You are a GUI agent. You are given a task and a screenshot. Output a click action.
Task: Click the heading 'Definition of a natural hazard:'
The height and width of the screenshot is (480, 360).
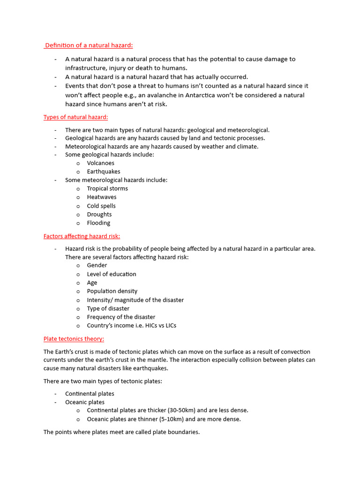click(89, 45)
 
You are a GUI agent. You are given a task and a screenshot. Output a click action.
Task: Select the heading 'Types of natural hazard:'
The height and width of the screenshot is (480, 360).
click(75, 117)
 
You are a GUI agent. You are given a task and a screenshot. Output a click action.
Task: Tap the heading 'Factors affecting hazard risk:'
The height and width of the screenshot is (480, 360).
click(82, 236)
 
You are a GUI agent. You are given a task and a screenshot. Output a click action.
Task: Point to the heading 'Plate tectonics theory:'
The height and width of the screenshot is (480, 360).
click(74, 339)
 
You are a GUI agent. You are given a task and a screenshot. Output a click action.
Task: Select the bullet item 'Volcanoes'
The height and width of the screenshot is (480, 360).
click(100, 163)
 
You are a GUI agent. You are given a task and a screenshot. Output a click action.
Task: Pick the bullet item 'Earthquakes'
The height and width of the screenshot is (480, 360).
click(104, 172)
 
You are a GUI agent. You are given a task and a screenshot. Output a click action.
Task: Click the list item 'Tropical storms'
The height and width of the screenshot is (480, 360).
click(107, 188)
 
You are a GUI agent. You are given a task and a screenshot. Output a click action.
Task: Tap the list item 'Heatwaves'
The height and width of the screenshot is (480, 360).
click(102, 197)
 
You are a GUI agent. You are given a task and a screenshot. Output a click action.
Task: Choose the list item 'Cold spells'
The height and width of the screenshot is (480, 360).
click(101, 206)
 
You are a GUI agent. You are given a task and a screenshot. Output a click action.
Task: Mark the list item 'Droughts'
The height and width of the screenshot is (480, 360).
click(99, 214)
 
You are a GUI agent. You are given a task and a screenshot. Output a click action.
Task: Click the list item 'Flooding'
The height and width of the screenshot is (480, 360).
click(98, 223)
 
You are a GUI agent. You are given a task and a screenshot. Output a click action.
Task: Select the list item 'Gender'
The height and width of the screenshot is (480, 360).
click(97, 265)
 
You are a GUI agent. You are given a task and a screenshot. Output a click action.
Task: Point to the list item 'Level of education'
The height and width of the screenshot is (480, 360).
click(112, 274)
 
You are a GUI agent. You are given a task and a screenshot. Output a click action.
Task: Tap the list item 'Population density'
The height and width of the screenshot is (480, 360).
click(112, 291)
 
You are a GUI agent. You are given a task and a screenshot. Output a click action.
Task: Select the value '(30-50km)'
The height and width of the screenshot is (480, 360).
click(181, 411)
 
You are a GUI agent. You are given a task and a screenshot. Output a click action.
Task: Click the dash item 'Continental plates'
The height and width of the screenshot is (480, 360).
click(90, 394)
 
